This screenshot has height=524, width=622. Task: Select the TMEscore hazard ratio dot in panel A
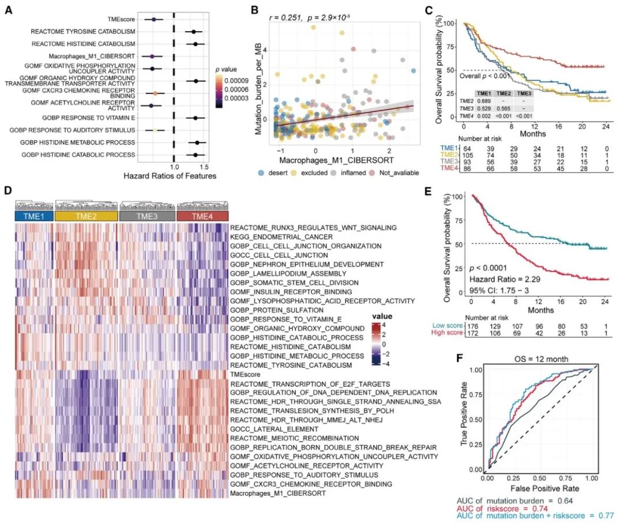pos(154,20)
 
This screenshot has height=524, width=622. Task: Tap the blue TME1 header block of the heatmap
pos(33,216)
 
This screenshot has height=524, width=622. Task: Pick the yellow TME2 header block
pos(86,216)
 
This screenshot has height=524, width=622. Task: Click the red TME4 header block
pos(203,216)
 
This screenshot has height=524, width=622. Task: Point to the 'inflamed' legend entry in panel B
pos(367,172)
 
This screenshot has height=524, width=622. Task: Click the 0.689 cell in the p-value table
pos(484,100)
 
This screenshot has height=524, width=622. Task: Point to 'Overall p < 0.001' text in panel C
pos(485,76)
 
